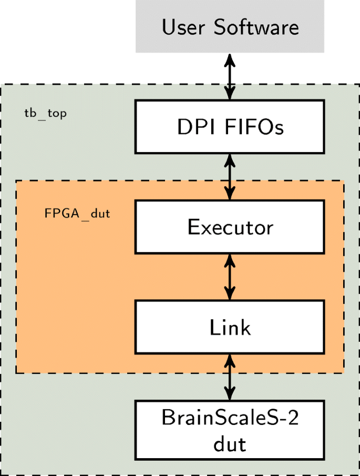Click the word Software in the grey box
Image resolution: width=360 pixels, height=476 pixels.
point(256,27)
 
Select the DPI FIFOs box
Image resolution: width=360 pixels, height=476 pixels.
point(230,126)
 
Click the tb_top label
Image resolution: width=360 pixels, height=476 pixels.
point(46,114)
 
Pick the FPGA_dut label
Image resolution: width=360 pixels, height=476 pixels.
point(77,214)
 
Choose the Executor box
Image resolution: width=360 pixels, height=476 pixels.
point(230,227)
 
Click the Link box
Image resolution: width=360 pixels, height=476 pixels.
point(230,327)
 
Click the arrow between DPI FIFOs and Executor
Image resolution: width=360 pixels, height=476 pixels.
point(230,176)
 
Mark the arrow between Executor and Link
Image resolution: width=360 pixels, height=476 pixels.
point(230,277)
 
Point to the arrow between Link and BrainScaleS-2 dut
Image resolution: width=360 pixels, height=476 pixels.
point(230,377)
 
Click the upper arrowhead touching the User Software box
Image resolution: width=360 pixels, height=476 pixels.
point(230,59)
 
